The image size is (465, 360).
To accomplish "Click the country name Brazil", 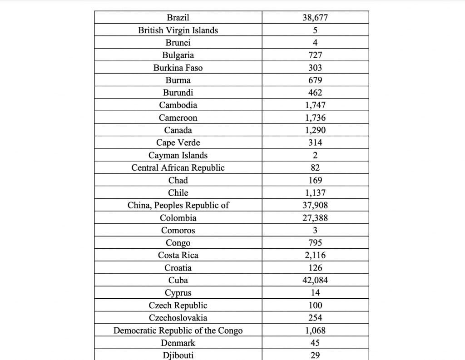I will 178,18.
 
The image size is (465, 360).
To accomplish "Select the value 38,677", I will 315,18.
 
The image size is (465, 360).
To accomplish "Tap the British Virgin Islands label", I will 178,30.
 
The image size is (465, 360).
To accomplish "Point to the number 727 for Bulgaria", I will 315,55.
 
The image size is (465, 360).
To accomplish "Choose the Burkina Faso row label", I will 178,68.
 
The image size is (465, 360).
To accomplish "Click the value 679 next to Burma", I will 315,80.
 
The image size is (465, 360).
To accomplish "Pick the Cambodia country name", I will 178,105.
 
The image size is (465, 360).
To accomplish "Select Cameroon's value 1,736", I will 315,118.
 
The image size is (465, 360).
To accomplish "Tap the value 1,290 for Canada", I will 315,130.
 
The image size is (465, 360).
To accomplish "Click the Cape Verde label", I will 178,143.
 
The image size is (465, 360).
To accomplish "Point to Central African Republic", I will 178,168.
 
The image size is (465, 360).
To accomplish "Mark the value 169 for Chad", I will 315,180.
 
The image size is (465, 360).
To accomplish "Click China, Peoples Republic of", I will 178,205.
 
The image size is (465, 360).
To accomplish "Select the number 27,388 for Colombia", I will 315,218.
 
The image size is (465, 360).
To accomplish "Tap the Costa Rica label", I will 178,255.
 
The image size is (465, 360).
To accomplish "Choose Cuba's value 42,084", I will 315,280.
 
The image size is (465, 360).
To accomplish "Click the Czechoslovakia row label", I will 178,318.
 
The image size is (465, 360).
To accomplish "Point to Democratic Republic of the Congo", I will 178,330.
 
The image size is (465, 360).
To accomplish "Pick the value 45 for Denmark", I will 315,343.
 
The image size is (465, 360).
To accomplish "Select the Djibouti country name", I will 178,355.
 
